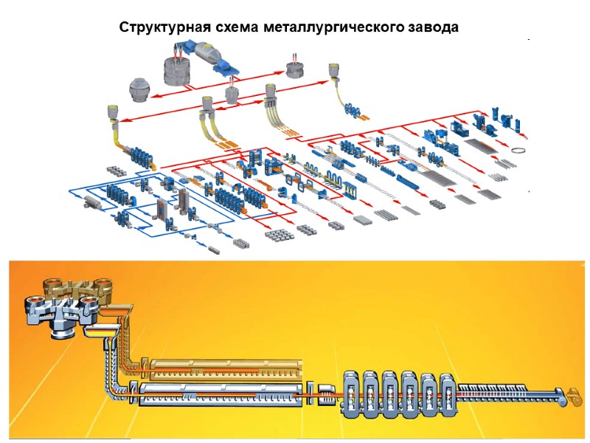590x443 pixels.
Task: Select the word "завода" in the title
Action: [x=432, y=28]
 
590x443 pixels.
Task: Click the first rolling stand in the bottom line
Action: [x=353, y=393]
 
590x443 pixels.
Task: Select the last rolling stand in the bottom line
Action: [x=447, y=393]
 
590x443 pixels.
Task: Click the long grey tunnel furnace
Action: [x=221, y=394]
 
